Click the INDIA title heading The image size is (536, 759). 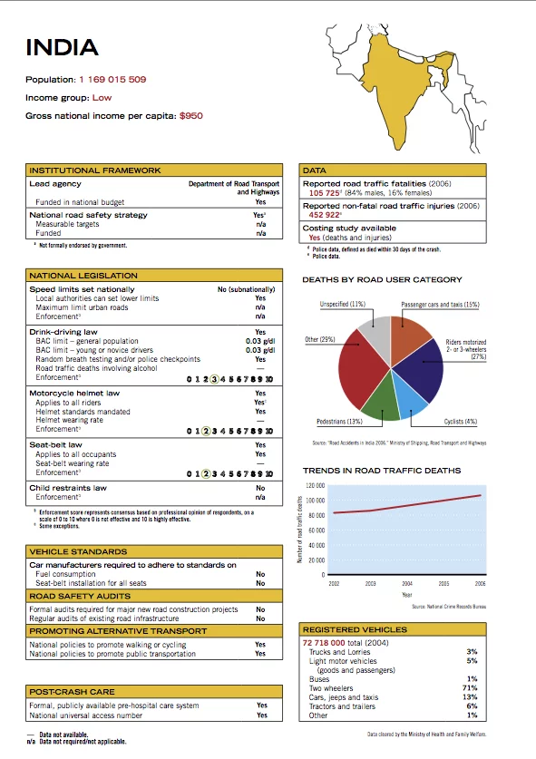click(62, 48)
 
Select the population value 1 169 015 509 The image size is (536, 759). click(112, 80)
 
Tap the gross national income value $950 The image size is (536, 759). click(190, 116)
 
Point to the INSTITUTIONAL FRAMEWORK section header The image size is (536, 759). click(95, 170)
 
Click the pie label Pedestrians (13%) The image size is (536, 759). click(340, 422)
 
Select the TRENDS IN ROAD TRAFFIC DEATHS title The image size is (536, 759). click(381, 471)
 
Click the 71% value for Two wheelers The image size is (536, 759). click(470, 687)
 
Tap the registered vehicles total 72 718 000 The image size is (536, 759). click(324, 642)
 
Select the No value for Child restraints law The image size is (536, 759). click(260, 488)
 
